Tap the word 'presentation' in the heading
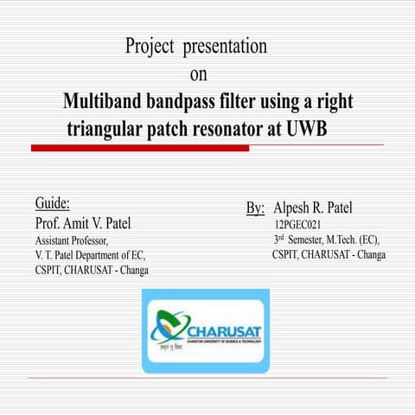click(x=225, y=47)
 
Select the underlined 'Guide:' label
click(x=52, y=204)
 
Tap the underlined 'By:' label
click(x=255, y=208)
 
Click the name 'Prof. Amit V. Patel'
click(x=83, y=223)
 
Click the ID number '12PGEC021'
click(x=298, y=225)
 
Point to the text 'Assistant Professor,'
click(x=72, y=239)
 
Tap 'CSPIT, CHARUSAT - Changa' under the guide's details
click(x=92, y=270)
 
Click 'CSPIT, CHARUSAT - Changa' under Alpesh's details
click(x=329, y=255)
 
